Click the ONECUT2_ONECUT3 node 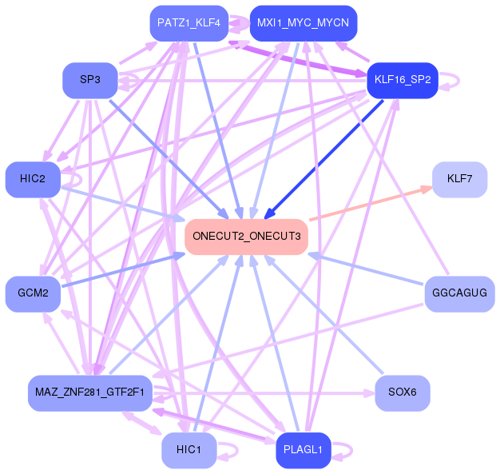(x=246, y=237)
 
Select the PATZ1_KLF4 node (x=189, y=23)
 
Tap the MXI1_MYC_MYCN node (x=304, y=23)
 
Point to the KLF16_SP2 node (x=403, y=80)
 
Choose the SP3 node (x=90, y=80)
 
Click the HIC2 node (x=33, y=179)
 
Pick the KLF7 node (x=459, y=179)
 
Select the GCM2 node (x=33, y=293)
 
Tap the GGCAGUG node (x=459, y=293)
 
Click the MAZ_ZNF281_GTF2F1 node (x=90, y=393)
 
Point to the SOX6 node (x=403, y=393)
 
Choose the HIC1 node (x=189, y=450)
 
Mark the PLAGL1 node (x=304, y=450)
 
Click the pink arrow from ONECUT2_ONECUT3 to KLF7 (x=371, y=203)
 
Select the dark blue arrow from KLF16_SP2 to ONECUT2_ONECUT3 (x=323, y=160)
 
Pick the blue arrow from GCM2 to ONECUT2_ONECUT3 (x=124, y=270)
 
